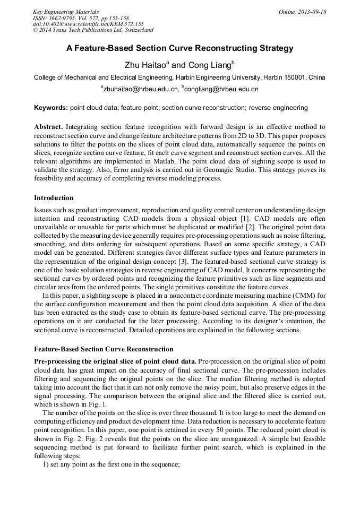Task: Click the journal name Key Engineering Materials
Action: pos(65,12)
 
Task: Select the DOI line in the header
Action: pos(88,24)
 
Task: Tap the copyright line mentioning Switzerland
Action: pos(93,31)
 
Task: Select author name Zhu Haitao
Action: pos(145,65)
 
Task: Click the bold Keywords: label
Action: pos(51,108)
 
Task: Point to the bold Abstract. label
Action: pos(49,127)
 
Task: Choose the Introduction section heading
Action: pos(54,198)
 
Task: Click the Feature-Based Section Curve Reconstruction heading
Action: pos(104,349)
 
